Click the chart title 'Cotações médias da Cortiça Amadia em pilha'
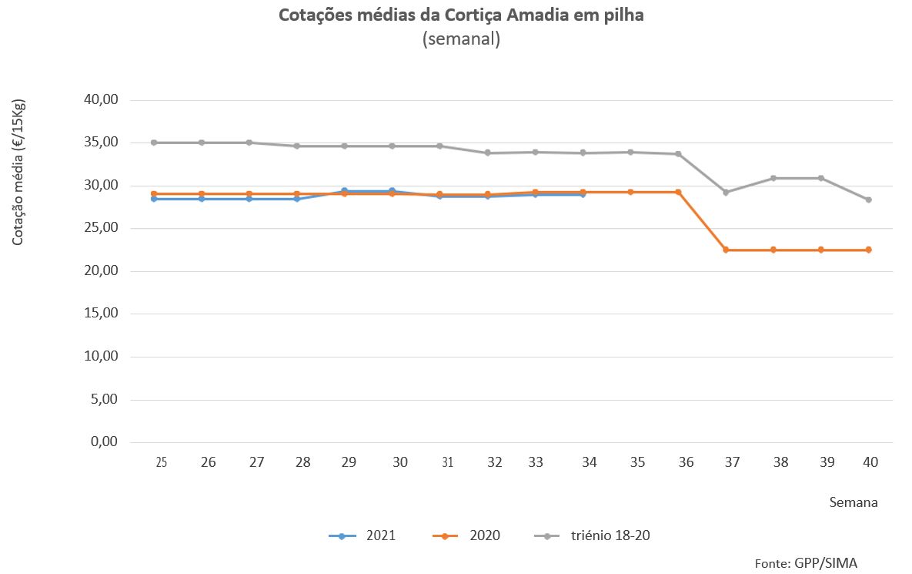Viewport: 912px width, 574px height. point(460,15)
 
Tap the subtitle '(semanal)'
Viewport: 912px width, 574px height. point(461,39)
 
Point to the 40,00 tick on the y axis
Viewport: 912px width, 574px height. point(100,100)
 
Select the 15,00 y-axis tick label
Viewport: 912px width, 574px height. point(100,314)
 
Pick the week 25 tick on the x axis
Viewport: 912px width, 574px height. point(161,462)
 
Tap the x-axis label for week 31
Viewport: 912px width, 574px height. point(447,462)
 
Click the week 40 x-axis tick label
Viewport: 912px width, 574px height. point(870,462)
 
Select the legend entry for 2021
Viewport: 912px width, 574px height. point(362,535)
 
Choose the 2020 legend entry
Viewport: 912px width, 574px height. point(466,535)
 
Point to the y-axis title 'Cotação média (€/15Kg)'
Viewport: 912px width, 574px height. point(18,173)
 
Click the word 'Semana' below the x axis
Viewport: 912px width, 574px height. point(854,502)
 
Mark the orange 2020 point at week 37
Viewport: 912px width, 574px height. point(726,250)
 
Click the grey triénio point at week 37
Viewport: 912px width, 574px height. point(726,192)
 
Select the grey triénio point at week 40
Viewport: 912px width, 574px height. point(868,200)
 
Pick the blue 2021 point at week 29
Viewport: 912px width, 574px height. point(344,191)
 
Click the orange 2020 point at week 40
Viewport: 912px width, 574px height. point(868,250)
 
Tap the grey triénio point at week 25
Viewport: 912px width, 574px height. point(154,143)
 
